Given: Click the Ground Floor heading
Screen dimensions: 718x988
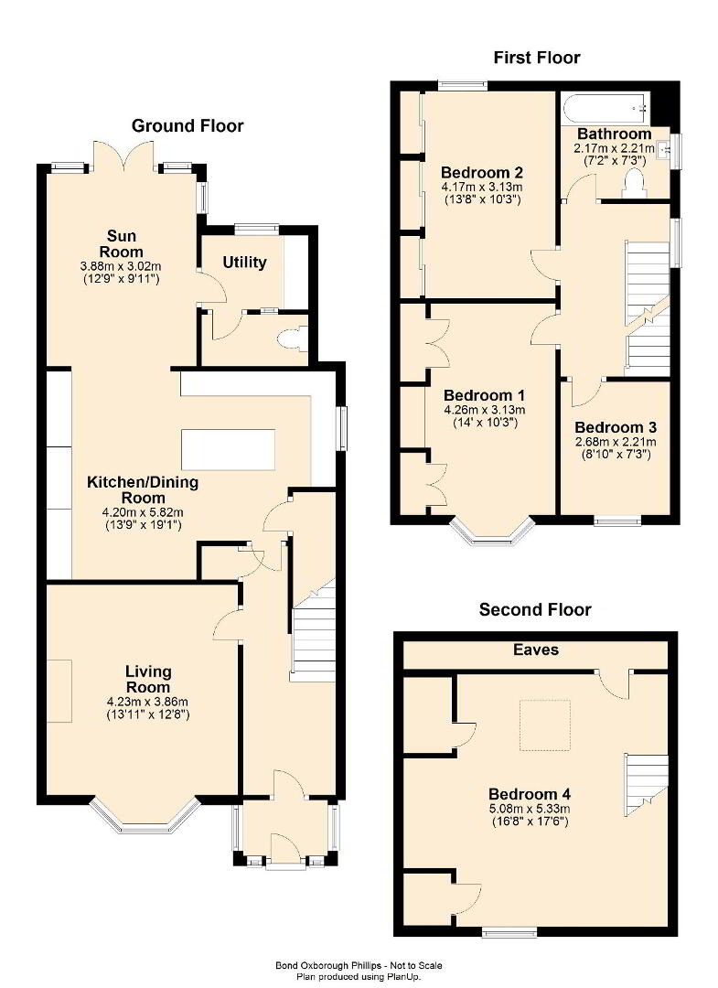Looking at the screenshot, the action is pyautogui.click(x=188, y=126).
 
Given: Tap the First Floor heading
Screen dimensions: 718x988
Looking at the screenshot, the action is pyautogui.click(x=537, y=58).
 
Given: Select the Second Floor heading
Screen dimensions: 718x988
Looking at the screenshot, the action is pyautogui.click(x=535, y=610).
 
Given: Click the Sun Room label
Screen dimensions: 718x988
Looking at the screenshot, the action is pyautogui.click(x=122, y=244).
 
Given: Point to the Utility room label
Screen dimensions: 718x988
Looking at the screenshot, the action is pyautogui.click(x=244, y=263).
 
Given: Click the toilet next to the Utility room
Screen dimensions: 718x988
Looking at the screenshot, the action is pyautogui.click(x=292, y=339).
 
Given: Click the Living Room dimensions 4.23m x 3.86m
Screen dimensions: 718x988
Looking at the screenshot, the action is pyautogui.click(x=147, y=702).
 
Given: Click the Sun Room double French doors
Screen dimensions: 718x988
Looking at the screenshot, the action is pyautogui.click(x=123, y=156).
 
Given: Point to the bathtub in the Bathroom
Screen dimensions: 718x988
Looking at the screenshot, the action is pyautogui.click(x=605, y=109).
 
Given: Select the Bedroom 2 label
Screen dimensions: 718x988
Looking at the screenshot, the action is pyautogui.click(x=482, y=173).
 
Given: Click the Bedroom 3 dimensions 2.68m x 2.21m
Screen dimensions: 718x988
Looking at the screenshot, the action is pyautogui.click(x=616, y=442).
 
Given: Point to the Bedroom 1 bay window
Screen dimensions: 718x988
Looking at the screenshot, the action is pyautogui.click(x=492, y=532).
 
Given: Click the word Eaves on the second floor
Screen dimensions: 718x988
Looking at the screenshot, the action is pyautogui.click(x=535, y=650).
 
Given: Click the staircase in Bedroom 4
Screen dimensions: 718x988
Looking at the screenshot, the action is pyautogui.click(x=646, y=785).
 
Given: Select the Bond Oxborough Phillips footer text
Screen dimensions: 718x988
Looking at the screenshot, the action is pyautogui.click(x=359, y=965).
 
